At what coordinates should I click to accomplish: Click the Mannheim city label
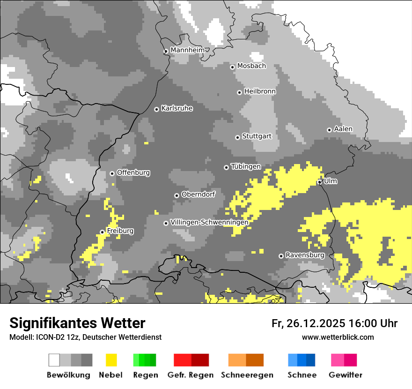[187, 50]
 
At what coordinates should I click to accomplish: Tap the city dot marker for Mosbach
[232, 67]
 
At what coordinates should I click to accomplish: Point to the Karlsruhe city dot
[156, 109]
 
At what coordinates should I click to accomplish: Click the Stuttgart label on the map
[257, 136]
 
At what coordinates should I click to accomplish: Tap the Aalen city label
[343, 129]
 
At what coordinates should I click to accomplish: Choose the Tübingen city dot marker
[226, 167]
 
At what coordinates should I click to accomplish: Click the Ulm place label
[331, 181]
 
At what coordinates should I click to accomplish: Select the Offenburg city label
[133, 172]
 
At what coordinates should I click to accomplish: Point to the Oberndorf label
[198, 194]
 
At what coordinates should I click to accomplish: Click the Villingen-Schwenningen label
[209, 222]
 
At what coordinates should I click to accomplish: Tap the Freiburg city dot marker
[102, 232]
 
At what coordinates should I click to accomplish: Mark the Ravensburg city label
[305, 255]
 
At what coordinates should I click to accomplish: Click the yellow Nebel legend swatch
[111, 360]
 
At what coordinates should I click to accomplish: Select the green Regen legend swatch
[145, 360]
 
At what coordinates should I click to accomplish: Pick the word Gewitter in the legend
[346, 375]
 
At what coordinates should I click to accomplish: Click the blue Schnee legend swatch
[302, 360]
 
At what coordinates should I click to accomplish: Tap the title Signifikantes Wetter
[77, 323]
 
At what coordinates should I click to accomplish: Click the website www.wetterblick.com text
[338, 337]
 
